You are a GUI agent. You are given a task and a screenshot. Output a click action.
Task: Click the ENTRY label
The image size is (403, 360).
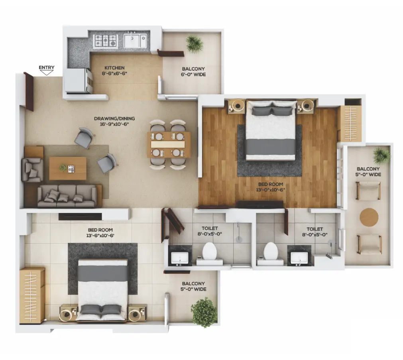click(47, 67)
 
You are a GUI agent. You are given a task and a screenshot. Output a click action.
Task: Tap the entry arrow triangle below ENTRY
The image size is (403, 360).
click(47, 73)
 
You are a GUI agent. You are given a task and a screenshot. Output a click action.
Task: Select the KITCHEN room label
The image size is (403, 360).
click(114, 68)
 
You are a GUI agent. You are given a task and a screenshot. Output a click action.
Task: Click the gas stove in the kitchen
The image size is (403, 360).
click(105, 41)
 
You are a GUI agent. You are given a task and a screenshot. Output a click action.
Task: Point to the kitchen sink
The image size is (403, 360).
click(135, 40)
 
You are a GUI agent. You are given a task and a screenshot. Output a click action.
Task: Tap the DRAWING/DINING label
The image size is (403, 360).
click(114, 118)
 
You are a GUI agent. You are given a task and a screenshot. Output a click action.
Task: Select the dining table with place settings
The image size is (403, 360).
click(169, 145)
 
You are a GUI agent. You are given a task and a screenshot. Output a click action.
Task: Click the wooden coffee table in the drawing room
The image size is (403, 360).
click(68, 168)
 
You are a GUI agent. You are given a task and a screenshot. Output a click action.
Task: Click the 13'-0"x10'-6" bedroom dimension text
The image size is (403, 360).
click(270, 190)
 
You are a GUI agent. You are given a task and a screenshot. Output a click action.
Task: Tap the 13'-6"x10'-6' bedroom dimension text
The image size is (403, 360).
click(100, 236)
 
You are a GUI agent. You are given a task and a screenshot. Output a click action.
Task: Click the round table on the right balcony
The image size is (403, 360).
click(369, 217)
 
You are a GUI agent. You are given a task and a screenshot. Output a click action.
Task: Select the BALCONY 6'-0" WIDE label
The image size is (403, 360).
click(193, 72)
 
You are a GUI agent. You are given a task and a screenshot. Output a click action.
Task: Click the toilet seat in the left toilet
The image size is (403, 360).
click(210, 251)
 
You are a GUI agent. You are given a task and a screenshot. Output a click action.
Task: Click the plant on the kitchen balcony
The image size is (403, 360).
click(195, 44)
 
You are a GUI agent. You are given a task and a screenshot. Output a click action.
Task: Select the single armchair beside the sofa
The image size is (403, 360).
click(32, 170)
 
